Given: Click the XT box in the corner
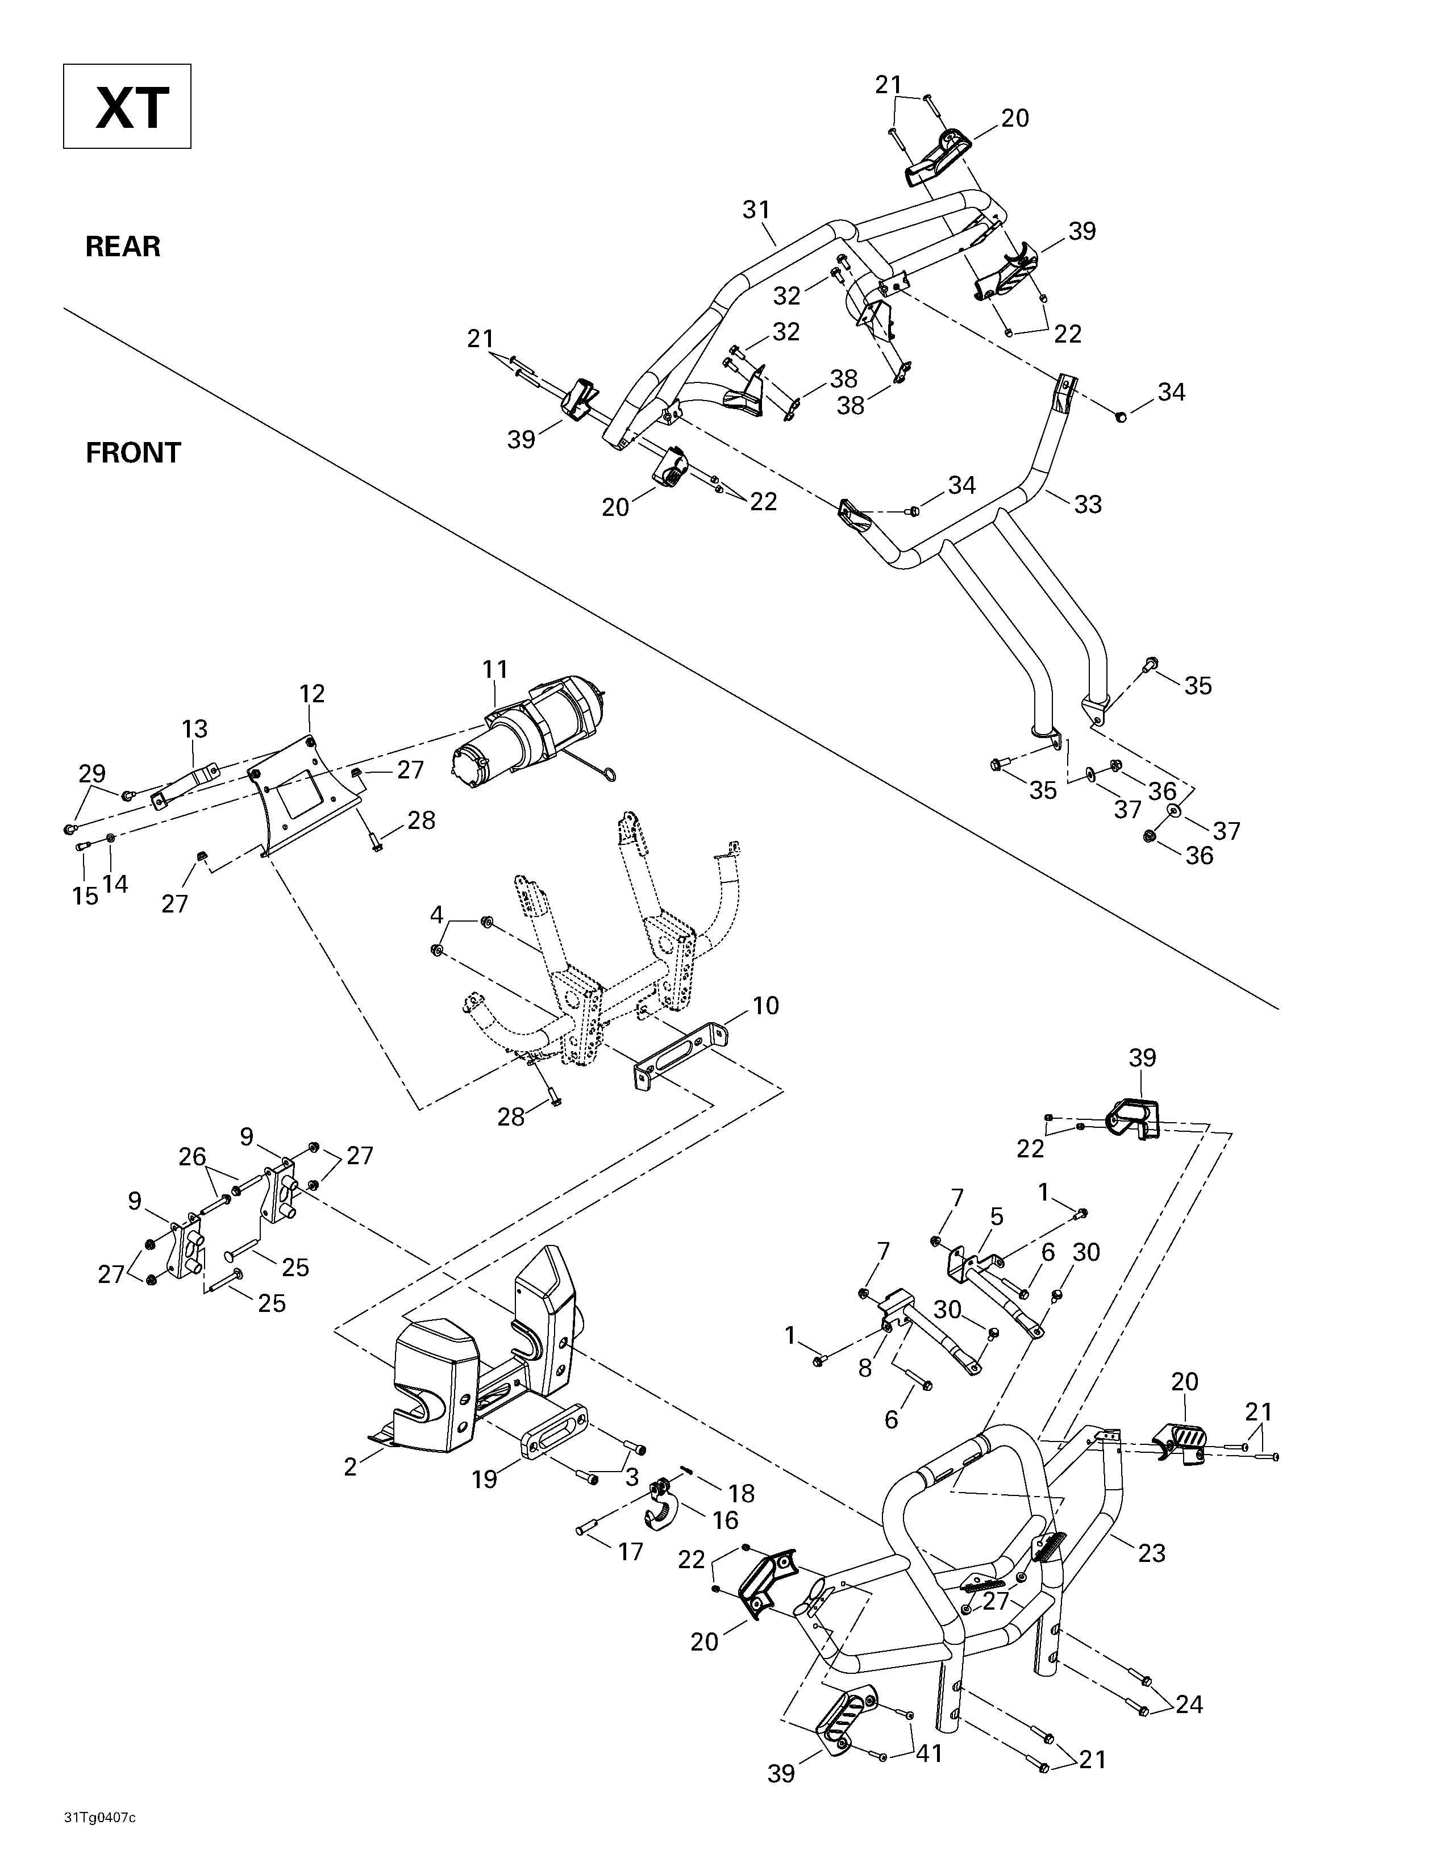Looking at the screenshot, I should pos(127,106).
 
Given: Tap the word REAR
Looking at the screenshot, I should pos(123,247).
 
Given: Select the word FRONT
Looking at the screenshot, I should pos(133,452).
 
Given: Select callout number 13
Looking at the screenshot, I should pos(195,729).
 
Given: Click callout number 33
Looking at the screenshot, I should pos(1088,504).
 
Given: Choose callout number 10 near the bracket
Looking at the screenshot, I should pos(766,1005).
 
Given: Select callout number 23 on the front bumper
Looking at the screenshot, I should pos(1152,1552).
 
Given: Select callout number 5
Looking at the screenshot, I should pos(997,1216).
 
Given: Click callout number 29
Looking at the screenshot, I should pos(92,773).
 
